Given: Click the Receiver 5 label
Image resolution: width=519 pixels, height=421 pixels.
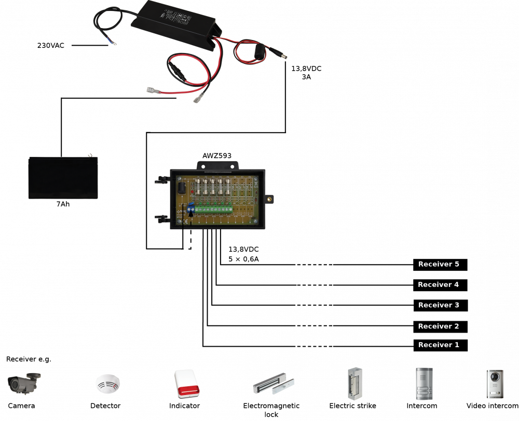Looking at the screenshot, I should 439,264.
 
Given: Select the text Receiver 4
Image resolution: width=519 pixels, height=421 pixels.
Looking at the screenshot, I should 438,284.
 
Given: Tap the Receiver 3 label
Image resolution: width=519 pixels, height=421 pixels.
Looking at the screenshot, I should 439,305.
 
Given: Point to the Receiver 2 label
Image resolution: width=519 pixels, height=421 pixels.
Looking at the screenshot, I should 439,326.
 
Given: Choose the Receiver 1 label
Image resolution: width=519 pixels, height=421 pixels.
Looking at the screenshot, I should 439,345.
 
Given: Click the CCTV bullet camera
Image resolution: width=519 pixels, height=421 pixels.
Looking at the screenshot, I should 24,384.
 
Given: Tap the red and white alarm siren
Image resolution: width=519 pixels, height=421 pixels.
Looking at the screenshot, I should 187,384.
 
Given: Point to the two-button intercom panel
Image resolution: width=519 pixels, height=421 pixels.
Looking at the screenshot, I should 424,384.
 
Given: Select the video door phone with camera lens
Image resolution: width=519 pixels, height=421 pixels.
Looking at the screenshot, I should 495,384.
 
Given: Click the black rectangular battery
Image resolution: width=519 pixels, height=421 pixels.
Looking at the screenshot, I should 63,178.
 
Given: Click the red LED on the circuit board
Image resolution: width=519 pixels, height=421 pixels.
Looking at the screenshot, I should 193,193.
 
